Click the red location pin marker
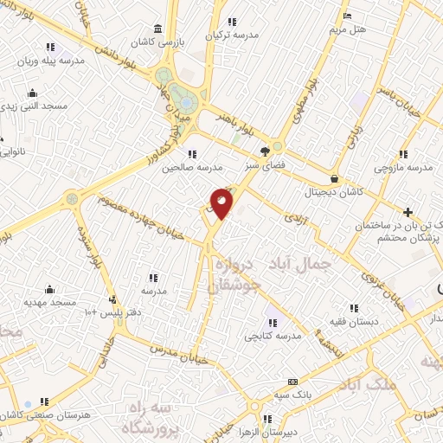[x=222, y=204]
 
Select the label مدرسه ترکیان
[x=232, y=35]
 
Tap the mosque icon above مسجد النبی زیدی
[x=33, y=93]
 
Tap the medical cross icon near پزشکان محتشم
[x=408, y=212]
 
